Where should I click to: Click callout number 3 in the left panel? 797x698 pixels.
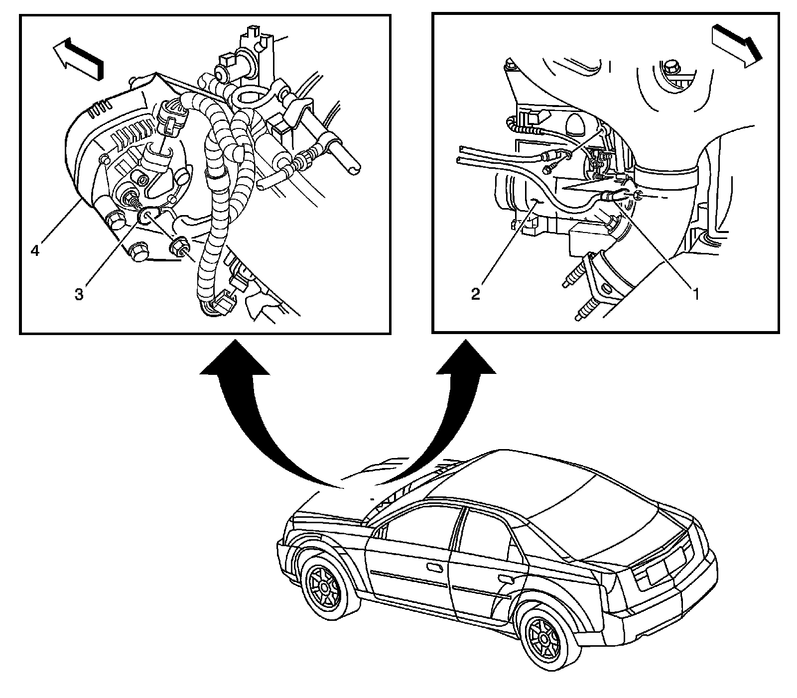pos(79,294)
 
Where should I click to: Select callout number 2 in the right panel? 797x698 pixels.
pos(476,294)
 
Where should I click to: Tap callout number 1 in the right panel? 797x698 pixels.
pos(694,294)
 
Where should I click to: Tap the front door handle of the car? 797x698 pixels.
pos(434,568)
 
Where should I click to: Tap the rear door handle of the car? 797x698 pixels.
pos(507,579)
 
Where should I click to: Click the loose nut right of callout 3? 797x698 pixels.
pos(179,246)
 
